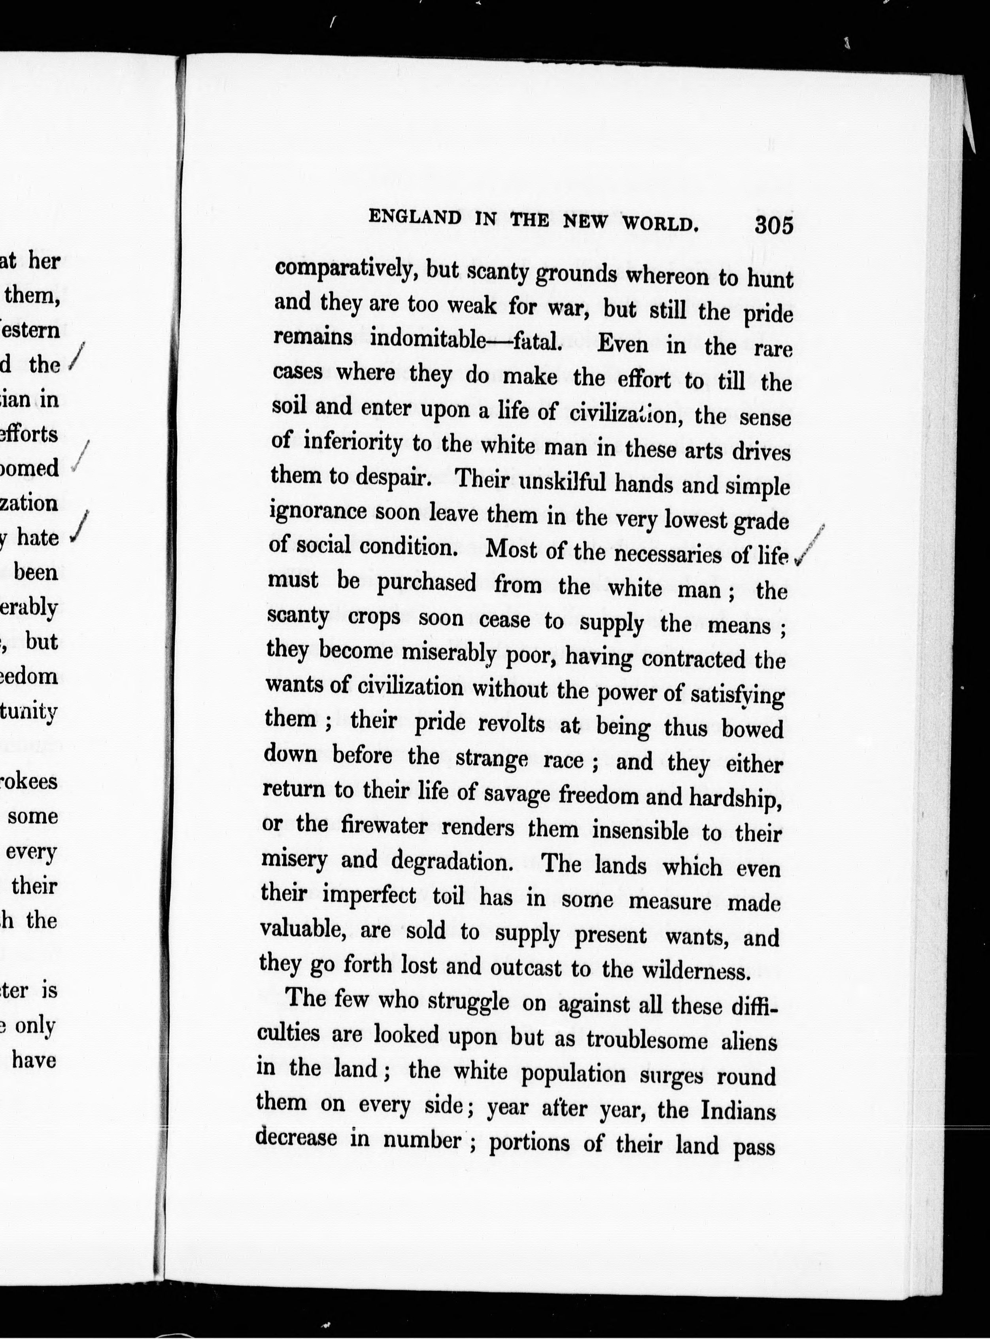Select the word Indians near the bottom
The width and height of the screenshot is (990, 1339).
(738, 1111)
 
